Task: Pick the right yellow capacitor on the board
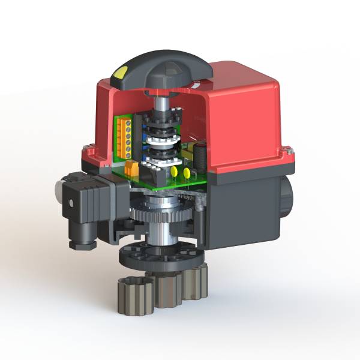(x=187, y=173)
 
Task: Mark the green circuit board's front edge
(x=162, y=184)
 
